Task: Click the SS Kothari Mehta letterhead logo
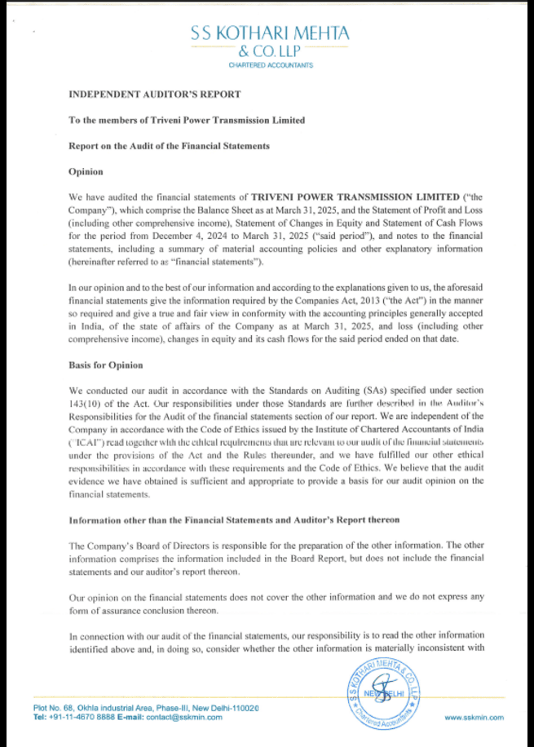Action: [x=270, y=41]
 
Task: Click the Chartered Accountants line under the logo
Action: [x=270, y=65]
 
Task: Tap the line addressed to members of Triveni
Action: [x=187, y=120]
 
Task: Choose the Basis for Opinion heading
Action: [x=106, y=365]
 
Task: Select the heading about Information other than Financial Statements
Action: [x=234, y=519]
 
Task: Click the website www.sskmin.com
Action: [x=474, y=717]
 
